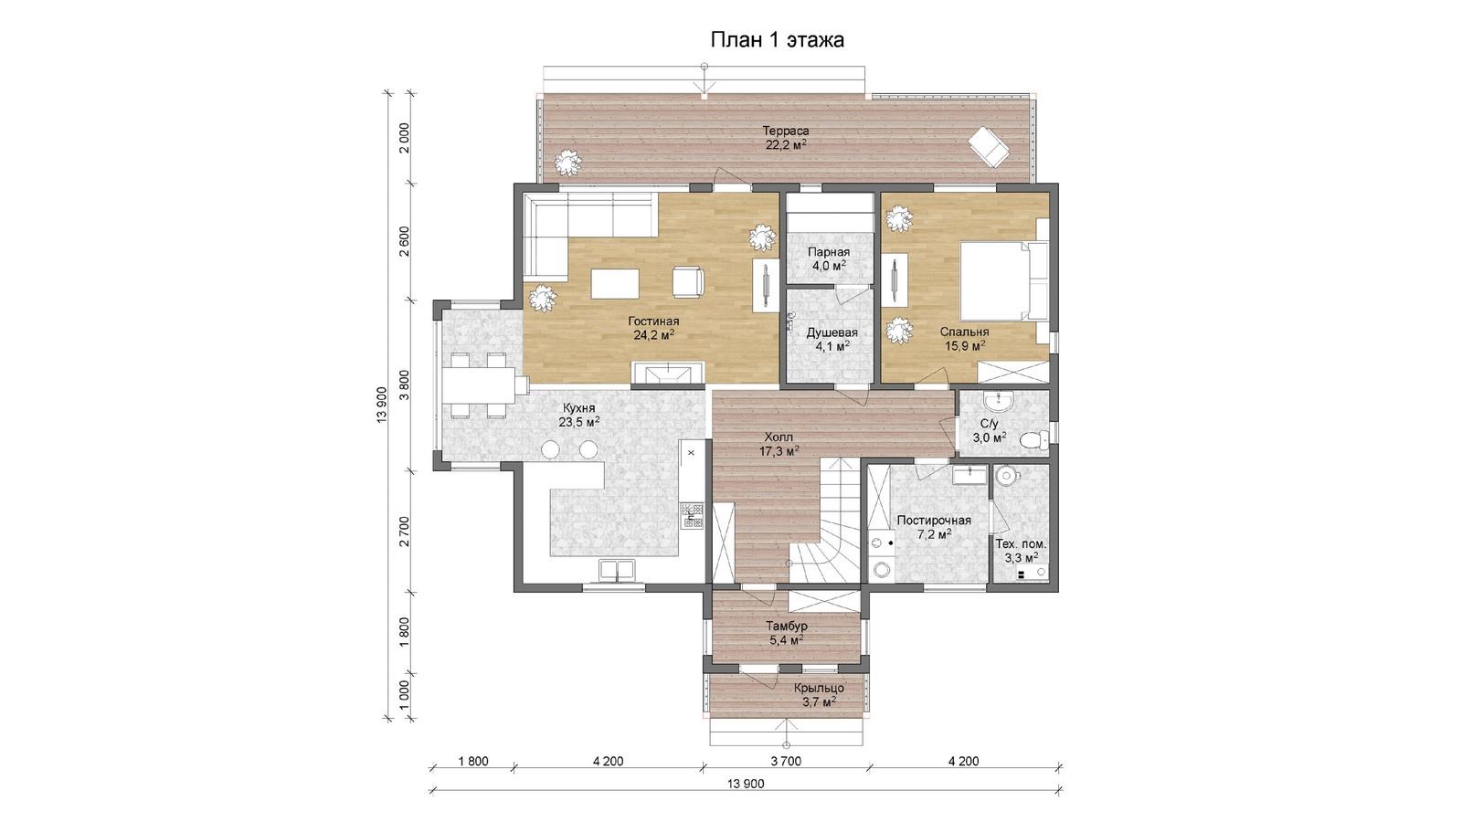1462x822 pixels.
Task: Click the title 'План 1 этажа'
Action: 777,40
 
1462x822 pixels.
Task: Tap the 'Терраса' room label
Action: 787,131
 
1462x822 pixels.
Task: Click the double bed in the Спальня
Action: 1004,281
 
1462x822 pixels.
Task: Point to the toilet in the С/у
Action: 1031,440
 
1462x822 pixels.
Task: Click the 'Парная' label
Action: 828,252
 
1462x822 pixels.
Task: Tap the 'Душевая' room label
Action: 832,332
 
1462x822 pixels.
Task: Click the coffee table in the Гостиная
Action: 158,284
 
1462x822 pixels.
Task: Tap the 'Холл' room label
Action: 779,437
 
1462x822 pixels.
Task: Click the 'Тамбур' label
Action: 787,627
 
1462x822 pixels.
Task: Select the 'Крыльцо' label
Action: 819,689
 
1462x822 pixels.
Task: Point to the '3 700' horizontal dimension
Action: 786,762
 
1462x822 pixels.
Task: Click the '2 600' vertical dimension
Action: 405,241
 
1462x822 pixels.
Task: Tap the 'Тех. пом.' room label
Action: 1021,544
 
